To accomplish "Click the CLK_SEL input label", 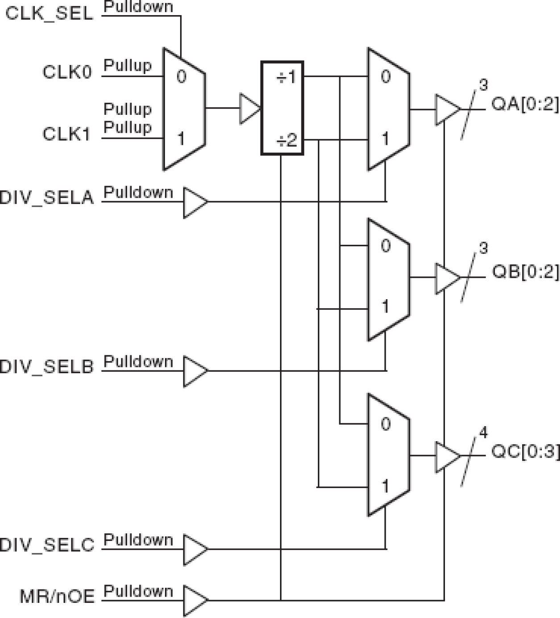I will coord(49,13).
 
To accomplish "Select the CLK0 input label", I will coord(67,72).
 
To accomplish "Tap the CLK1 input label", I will coord(67,134).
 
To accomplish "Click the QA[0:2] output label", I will coord(524,104).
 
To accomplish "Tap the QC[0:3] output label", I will coord(525,451).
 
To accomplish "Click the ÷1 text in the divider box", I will coord(286,77).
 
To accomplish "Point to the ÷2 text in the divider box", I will coord(286,141).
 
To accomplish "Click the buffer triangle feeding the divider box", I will coord(249,108).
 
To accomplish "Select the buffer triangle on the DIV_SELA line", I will coord(194,202).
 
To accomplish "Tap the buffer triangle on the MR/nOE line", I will coord(194,600).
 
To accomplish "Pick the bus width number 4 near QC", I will coord(483,432).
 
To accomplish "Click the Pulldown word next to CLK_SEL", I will coord(138,7).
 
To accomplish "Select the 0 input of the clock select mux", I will coord(181,77).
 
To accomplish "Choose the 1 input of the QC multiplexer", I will coord(385,485).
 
